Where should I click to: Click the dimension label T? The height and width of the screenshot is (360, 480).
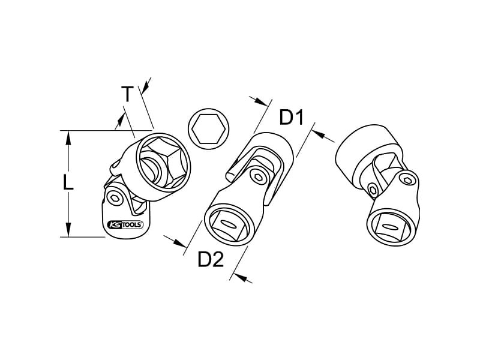127,94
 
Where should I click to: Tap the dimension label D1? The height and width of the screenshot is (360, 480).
291,118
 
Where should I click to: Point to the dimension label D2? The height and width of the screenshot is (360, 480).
211,259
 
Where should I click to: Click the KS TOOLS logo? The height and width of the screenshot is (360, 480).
125,225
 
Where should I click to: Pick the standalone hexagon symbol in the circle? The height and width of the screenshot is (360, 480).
209,129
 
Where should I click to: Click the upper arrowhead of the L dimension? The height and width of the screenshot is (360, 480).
68,138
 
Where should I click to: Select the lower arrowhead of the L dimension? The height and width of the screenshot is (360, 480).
68,230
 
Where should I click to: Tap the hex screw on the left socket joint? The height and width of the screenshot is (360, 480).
115,197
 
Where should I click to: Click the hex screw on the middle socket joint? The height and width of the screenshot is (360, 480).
256,175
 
